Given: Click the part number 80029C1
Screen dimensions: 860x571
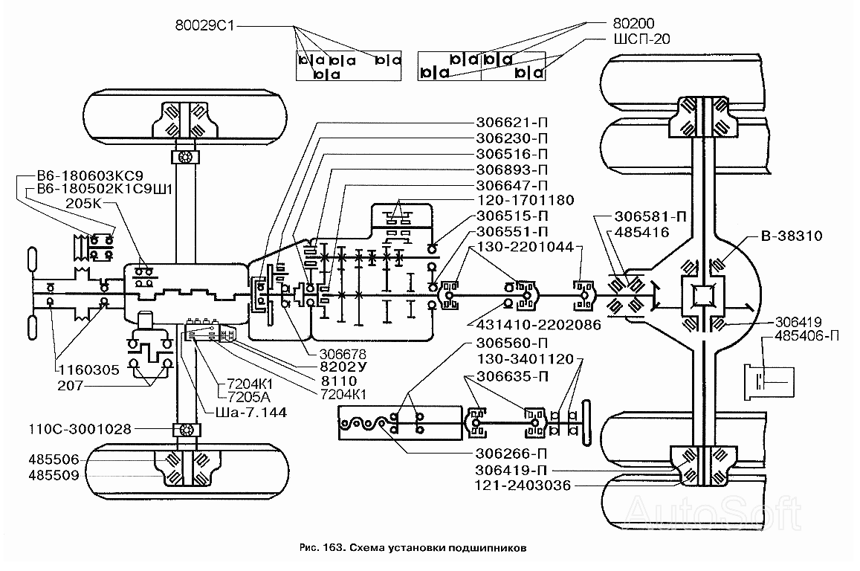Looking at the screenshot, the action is pyautogui.click(x=204, y=26).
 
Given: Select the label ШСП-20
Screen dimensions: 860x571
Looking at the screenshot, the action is pyautogui.click(x=641, y=39).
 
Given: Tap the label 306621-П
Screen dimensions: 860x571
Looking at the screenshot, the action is pyautogui.click(x=511, y=123).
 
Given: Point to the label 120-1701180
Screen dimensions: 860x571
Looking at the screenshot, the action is pyautogui.click(x=526, y=200).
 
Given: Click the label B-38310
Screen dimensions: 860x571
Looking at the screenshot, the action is pyautogui.click(x=792, y=236).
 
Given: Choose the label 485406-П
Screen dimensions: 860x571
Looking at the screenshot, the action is pyautogui.click(x=806, y=335).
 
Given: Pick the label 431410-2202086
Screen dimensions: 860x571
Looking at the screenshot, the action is pyautogui.click(x=539, y=325).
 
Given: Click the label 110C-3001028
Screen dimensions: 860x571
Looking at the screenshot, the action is pyautogui.click(x=80, y=429).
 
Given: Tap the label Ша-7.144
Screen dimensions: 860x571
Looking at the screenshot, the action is pyautogui.click(x=251, y=412).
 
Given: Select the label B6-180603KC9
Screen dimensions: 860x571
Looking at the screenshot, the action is pyautogui.click(x=90, y=175).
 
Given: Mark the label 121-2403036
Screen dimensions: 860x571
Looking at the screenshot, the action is pyautogui.click(x=523, y=485).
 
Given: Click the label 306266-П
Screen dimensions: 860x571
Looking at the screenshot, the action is pyautogui.click(x=511, y=454).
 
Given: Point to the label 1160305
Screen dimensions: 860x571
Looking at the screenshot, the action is pyautogui.click(x=89, y=370).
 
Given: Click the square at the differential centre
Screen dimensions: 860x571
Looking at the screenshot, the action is pyautogui.click(x=702, y=296).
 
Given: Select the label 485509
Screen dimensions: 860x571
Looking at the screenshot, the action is pyautogui.click(x=54, y=475).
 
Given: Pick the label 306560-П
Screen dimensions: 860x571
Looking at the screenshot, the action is pyautogui.click(x=511, y=343).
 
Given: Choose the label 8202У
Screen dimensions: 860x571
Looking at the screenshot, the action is pyautogui.click(x=343, y=367).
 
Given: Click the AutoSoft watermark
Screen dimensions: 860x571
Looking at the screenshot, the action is pyautogui.click(x=713, y=513).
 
